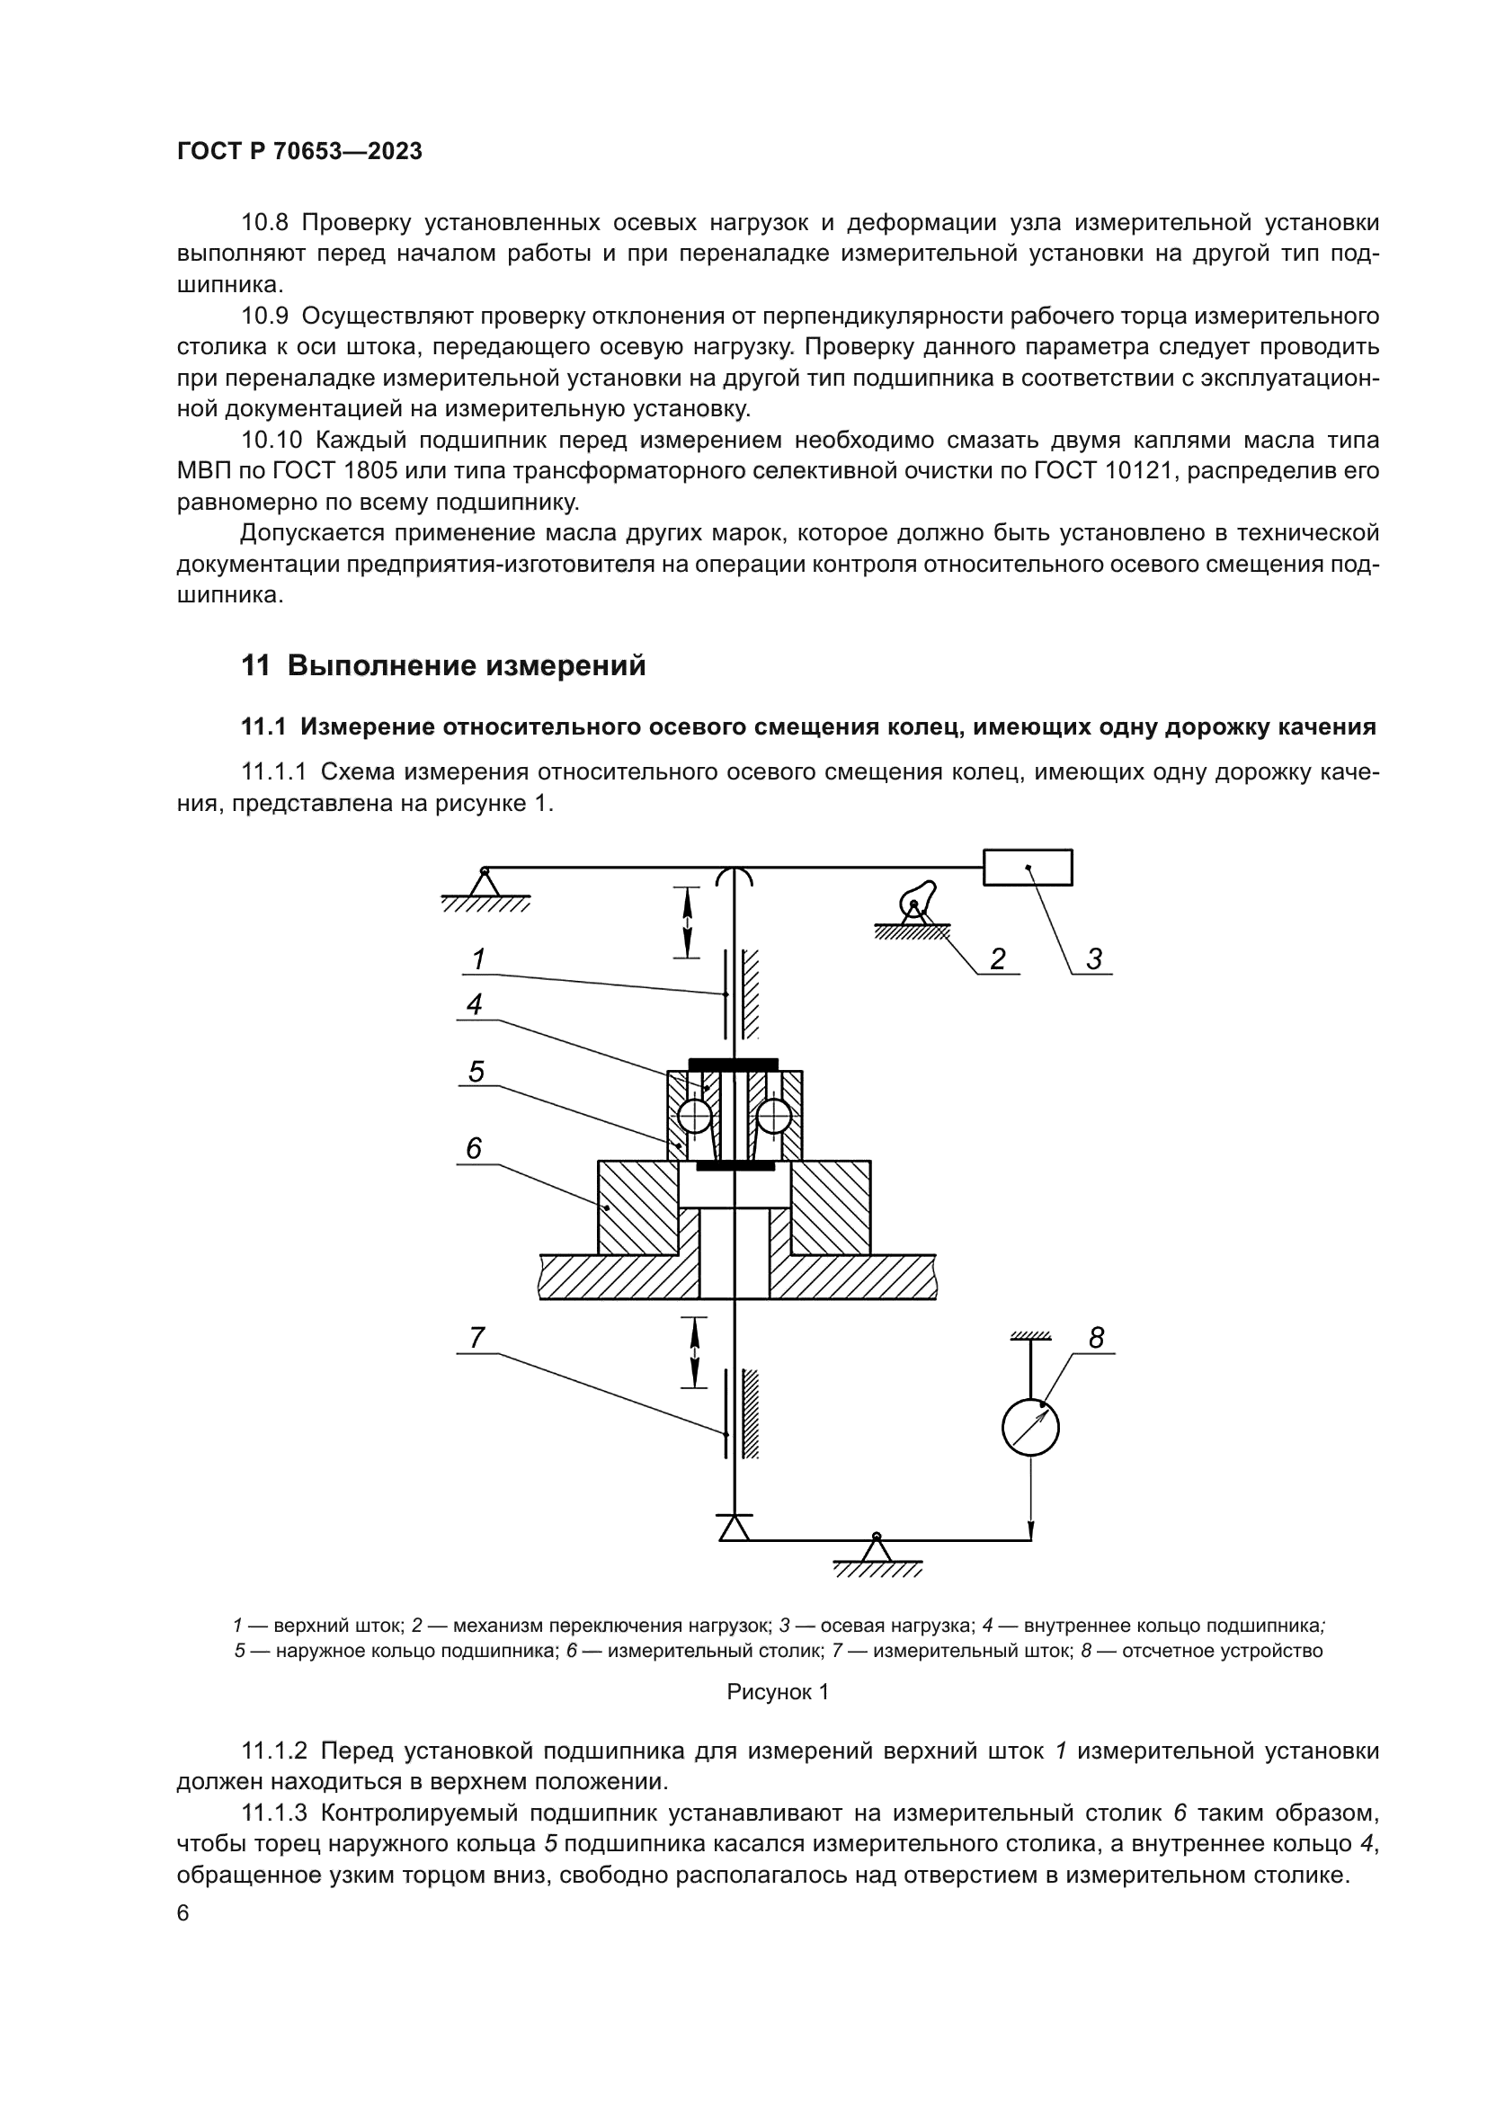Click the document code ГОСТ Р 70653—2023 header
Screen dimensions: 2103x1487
point(299,152)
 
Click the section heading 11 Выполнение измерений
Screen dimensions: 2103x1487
point(443,666)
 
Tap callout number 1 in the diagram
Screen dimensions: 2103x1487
point(478,959)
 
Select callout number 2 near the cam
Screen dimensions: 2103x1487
point(998,959)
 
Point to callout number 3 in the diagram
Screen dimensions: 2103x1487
point(1094,959)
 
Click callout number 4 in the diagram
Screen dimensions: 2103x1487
point(475,1005)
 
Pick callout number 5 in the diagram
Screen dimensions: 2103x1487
point(476,1072)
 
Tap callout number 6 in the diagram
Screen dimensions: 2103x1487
point(474,1148)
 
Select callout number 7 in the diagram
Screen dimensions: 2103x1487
point(476,1338)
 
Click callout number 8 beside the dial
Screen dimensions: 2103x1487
point(1096,1338)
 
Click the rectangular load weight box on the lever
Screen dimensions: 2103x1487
point(1028,868)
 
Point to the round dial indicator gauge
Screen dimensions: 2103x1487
point(1031,1427)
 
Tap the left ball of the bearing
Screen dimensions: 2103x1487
point(695,1116)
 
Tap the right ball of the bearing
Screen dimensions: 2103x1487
point(775,1116)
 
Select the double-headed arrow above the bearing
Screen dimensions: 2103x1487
point(688,922)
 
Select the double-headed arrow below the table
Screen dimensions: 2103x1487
point(695,1352)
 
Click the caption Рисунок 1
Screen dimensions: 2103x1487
point(778,1692)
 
